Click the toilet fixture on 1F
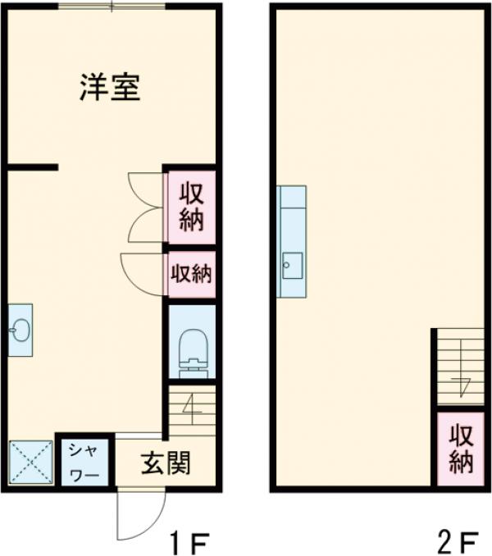click(x=192, y=351)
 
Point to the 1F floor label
click(x=190, y=542)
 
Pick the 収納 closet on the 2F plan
click(x=461, y=449)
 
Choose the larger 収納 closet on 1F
click(x=191, y=207)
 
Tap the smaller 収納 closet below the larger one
click(x=191, y=274)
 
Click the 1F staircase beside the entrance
click(x=192, y=411)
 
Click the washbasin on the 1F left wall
click(x=20, y=330)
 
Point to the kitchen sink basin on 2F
click(x=293, y=263)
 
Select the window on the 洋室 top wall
click(x=112, y=7)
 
